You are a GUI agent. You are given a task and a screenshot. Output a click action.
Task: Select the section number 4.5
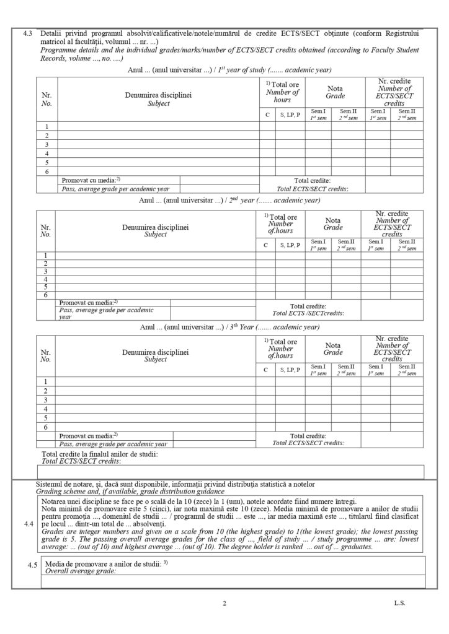[32, 565]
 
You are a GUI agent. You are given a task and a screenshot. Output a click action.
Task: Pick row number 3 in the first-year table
[47, 144]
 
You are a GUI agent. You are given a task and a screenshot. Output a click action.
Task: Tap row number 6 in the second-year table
[45, 295]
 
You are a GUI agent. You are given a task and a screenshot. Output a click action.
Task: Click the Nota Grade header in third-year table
[332, 349]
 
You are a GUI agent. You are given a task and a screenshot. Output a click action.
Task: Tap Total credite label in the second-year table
[308, 306]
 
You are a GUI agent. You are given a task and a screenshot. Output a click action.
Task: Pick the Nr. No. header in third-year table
[45, 355]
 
